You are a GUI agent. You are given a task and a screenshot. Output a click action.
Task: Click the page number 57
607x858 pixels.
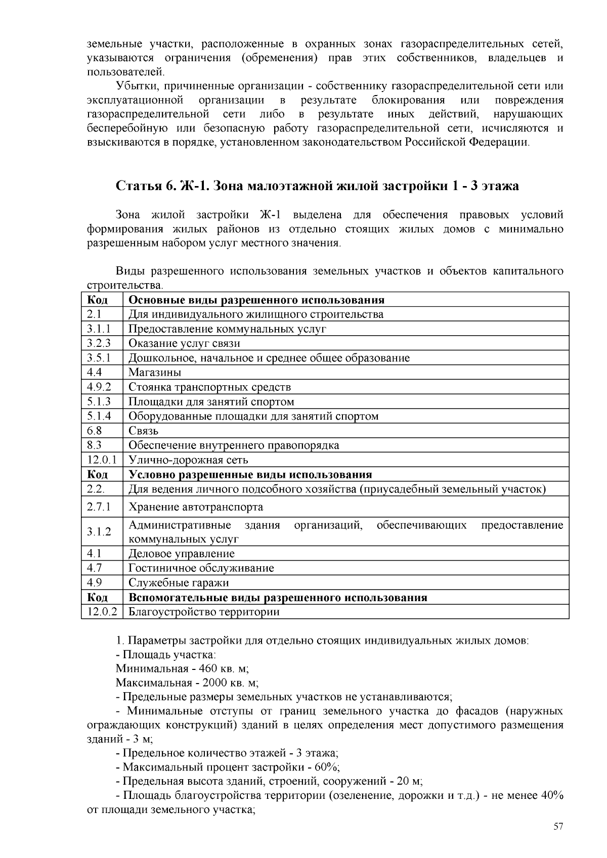click(558, 827)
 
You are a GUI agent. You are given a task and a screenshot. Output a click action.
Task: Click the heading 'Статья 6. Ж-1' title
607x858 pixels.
click(317, 186)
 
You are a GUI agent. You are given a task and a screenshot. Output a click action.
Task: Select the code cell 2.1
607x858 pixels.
click(94, 314)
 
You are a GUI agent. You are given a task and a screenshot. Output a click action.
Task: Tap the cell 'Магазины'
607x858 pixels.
click(155, 373)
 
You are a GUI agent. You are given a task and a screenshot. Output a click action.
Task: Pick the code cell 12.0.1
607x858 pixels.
click(102, 460)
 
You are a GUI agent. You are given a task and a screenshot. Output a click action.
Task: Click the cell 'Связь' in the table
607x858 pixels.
click(143, 431)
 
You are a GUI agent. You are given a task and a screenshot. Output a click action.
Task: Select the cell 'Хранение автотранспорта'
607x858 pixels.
click(196, 507)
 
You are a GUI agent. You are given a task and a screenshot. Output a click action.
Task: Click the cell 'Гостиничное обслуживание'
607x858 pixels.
click(201, 568)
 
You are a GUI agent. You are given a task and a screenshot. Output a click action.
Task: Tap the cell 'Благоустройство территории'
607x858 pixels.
click(204, 612)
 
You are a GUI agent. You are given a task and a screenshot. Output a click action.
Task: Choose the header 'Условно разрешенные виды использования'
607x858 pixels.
click(250, 475)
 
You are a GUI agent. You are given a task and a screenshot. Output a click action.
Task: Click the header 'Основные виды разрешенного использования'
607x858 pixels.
click(256, 300)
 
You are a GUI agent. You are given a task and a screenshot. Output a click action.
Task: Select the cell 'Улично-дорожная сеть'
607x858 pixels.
click(188, 460)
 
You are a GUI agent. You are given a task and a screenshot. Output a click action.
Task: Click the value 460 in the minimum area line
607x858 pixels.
click(208, 668)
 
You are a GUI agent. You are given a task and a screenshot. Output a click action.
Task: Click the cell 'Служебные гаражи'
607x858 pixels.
click(179, 583)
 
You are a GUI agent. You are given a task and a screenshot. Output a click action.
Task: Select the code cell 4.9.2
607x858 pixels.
click(99, 387)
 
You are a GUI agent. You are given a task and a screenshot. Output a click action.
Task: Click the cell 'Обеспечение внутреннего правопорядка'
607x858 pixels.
click(234, 445)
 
